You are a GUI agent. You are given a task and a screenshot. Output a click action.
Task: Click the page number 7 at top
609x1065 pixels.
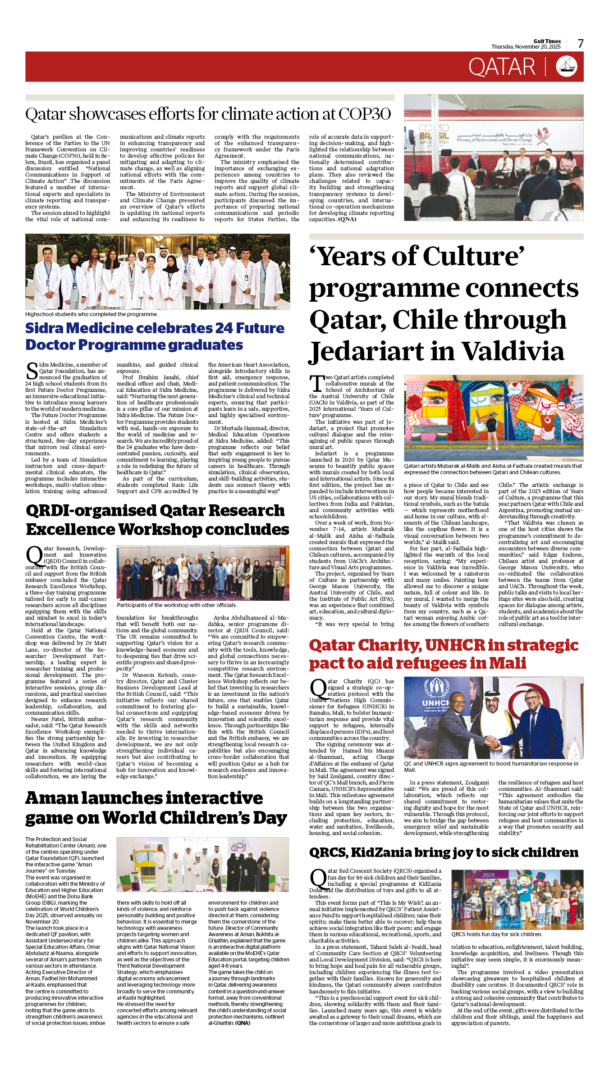point(581,44)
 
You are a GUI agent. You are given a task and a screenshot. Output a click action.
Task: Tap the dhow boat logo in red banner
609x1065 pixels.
point(567,67)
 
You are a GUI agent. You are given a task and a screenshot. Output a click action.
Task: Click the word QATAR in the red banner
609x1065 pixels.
point(502,67)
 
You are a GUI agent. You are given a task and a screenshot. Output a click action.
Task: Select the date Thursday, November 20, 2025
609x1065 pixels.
point(526,47)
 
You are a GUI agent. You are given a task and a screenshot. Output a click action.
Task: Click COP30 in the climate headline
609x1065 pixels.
point(365,114)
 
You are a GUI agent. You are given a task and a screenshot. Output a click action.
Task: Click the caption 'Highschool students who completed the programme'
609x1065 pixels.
point(92,314)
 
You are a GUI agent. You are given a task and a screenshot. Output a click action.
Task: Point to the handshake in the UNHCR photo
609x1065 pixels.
point(495,743)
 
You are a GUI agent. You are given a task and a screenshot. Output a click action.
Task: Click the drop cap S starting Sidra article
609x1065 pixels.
point(32,371)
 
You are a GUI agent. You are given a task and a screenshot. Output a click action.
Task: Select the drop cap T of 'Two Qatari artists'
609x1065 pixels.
point(316,384)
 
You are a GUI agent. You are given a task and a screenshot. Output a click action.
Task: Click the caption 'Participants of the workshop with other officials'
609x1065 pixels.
point(177,605)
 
